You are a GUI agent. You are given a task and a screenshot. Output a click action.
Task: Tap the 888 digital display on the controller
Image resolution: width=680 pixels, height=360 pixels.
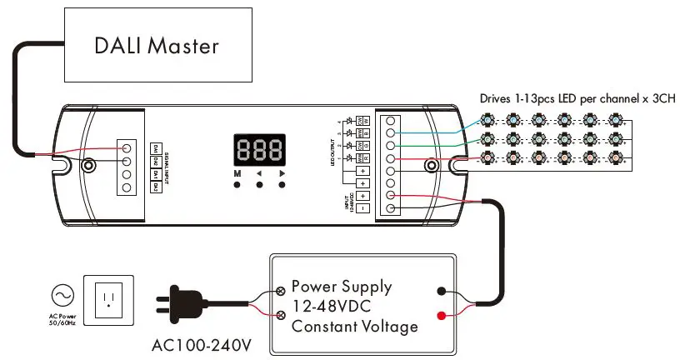click(259, 150)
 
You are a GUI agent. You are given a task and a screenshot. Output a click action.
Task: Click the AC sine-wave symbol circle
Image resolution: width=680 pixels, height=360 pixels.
click(62, 295)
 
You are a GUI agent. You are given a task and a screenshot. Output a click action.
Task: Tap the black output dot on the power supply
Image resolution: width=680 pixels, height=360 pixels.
click(439, 292)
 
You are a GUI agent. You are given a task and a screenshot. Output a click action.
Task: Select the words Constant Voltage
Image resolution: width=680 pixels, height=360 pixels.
click(354, 326)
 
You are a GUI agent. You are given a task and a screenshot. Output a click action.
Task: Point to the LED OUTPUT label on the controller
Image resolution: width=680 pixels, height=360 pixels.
click(332, 151)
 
